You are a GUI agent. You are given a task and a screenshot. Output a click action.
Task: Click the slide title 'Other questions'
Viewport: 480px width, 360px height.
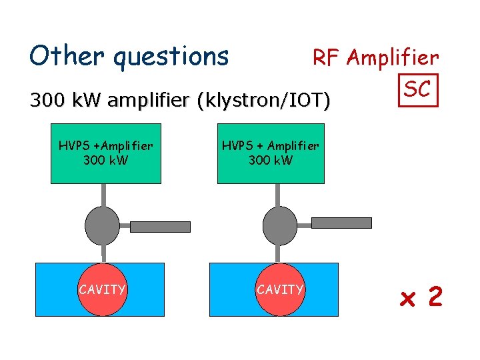129,56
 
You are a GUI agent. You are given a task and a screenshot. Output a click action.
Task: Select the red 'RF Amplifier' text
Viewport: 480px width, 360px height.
376,59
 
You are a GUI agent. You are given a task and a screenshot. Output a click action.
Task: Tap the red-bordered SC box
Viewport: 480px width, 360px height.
418,89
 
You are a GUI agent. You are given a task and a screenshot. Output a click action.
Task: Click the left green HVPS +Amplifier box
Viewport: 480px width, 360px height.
105,153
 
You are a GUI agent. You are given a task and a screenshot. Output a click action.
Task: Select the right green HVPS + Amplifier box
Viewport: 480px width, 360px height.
271,153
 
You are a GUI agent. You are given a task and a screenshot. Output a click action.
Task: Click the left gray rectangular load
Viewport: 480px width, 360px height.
160,227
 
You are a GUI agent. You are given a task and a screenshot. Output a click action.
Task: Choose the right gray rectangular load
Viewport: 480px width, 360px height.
341,223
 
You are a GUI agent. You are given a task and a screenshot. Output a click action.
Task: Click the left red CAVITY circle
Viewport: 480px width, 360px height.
102,289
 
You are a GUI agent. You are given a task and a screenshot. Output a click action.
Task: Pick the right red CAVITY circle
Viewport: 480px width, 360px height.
280,289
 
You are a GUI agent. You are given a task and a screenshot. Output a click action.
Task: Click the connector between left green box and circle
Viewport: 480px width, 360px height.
103,195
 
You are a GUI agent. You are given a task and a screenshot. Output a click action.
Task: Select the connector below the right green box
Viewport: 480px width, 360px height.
279,195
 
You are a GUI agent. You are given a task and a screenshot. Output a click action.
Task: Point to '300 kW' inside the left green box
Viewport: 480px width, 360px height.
105,161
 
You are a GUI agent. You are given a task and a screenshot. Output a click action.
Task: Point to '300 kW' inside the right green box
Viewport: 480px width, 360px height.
271,161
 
